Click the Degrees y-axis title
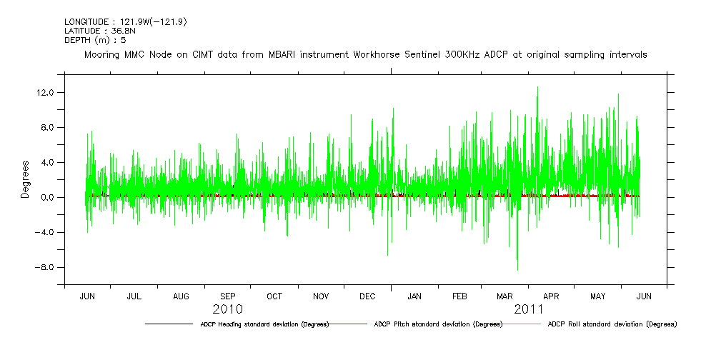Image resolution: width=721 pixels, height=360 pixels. [24, 179]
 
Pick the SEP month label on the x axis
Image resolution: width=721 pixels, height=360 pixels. [227, 296]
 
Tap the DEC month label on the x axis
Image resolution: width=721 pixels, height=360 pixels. [367, 296]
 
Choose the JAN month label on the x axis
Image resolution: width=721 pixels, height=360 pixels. [414, 296]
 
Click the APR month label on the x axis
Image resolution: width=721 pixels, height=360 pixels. [551, 296]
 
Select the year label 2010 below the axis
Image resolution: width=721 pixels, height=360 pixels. [227, 309]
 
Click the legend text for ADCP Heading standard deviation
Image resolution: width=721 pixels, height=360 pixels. [264, 324]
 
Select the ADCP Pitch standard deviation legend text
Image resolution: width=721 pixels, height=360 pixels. [438, 324]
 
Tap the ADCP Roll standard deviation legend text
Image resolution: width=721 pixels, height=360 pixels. [612, 324]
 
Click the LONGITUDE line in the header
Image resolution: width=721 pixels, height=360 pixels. [126, 22]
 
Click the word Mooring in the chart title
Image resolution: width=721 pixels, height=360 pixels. [102, 55]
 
